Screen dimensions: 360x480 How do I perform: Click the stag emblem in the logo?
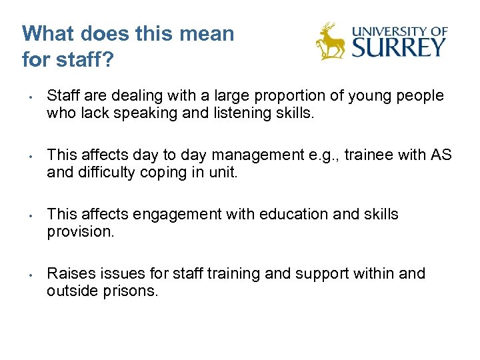point(330,41)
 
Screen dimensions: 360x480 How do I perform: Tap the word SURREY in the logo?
point(399,47)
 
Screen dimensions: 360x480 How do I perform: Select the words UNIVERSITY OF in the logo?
point(399,31)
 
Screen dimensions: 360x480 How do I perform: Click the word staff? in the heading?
point(84,59)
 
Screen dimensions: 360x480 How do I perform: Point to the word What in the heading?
point(45,33)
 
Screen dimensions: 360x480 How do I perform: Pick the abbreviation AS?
point(441,155)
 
